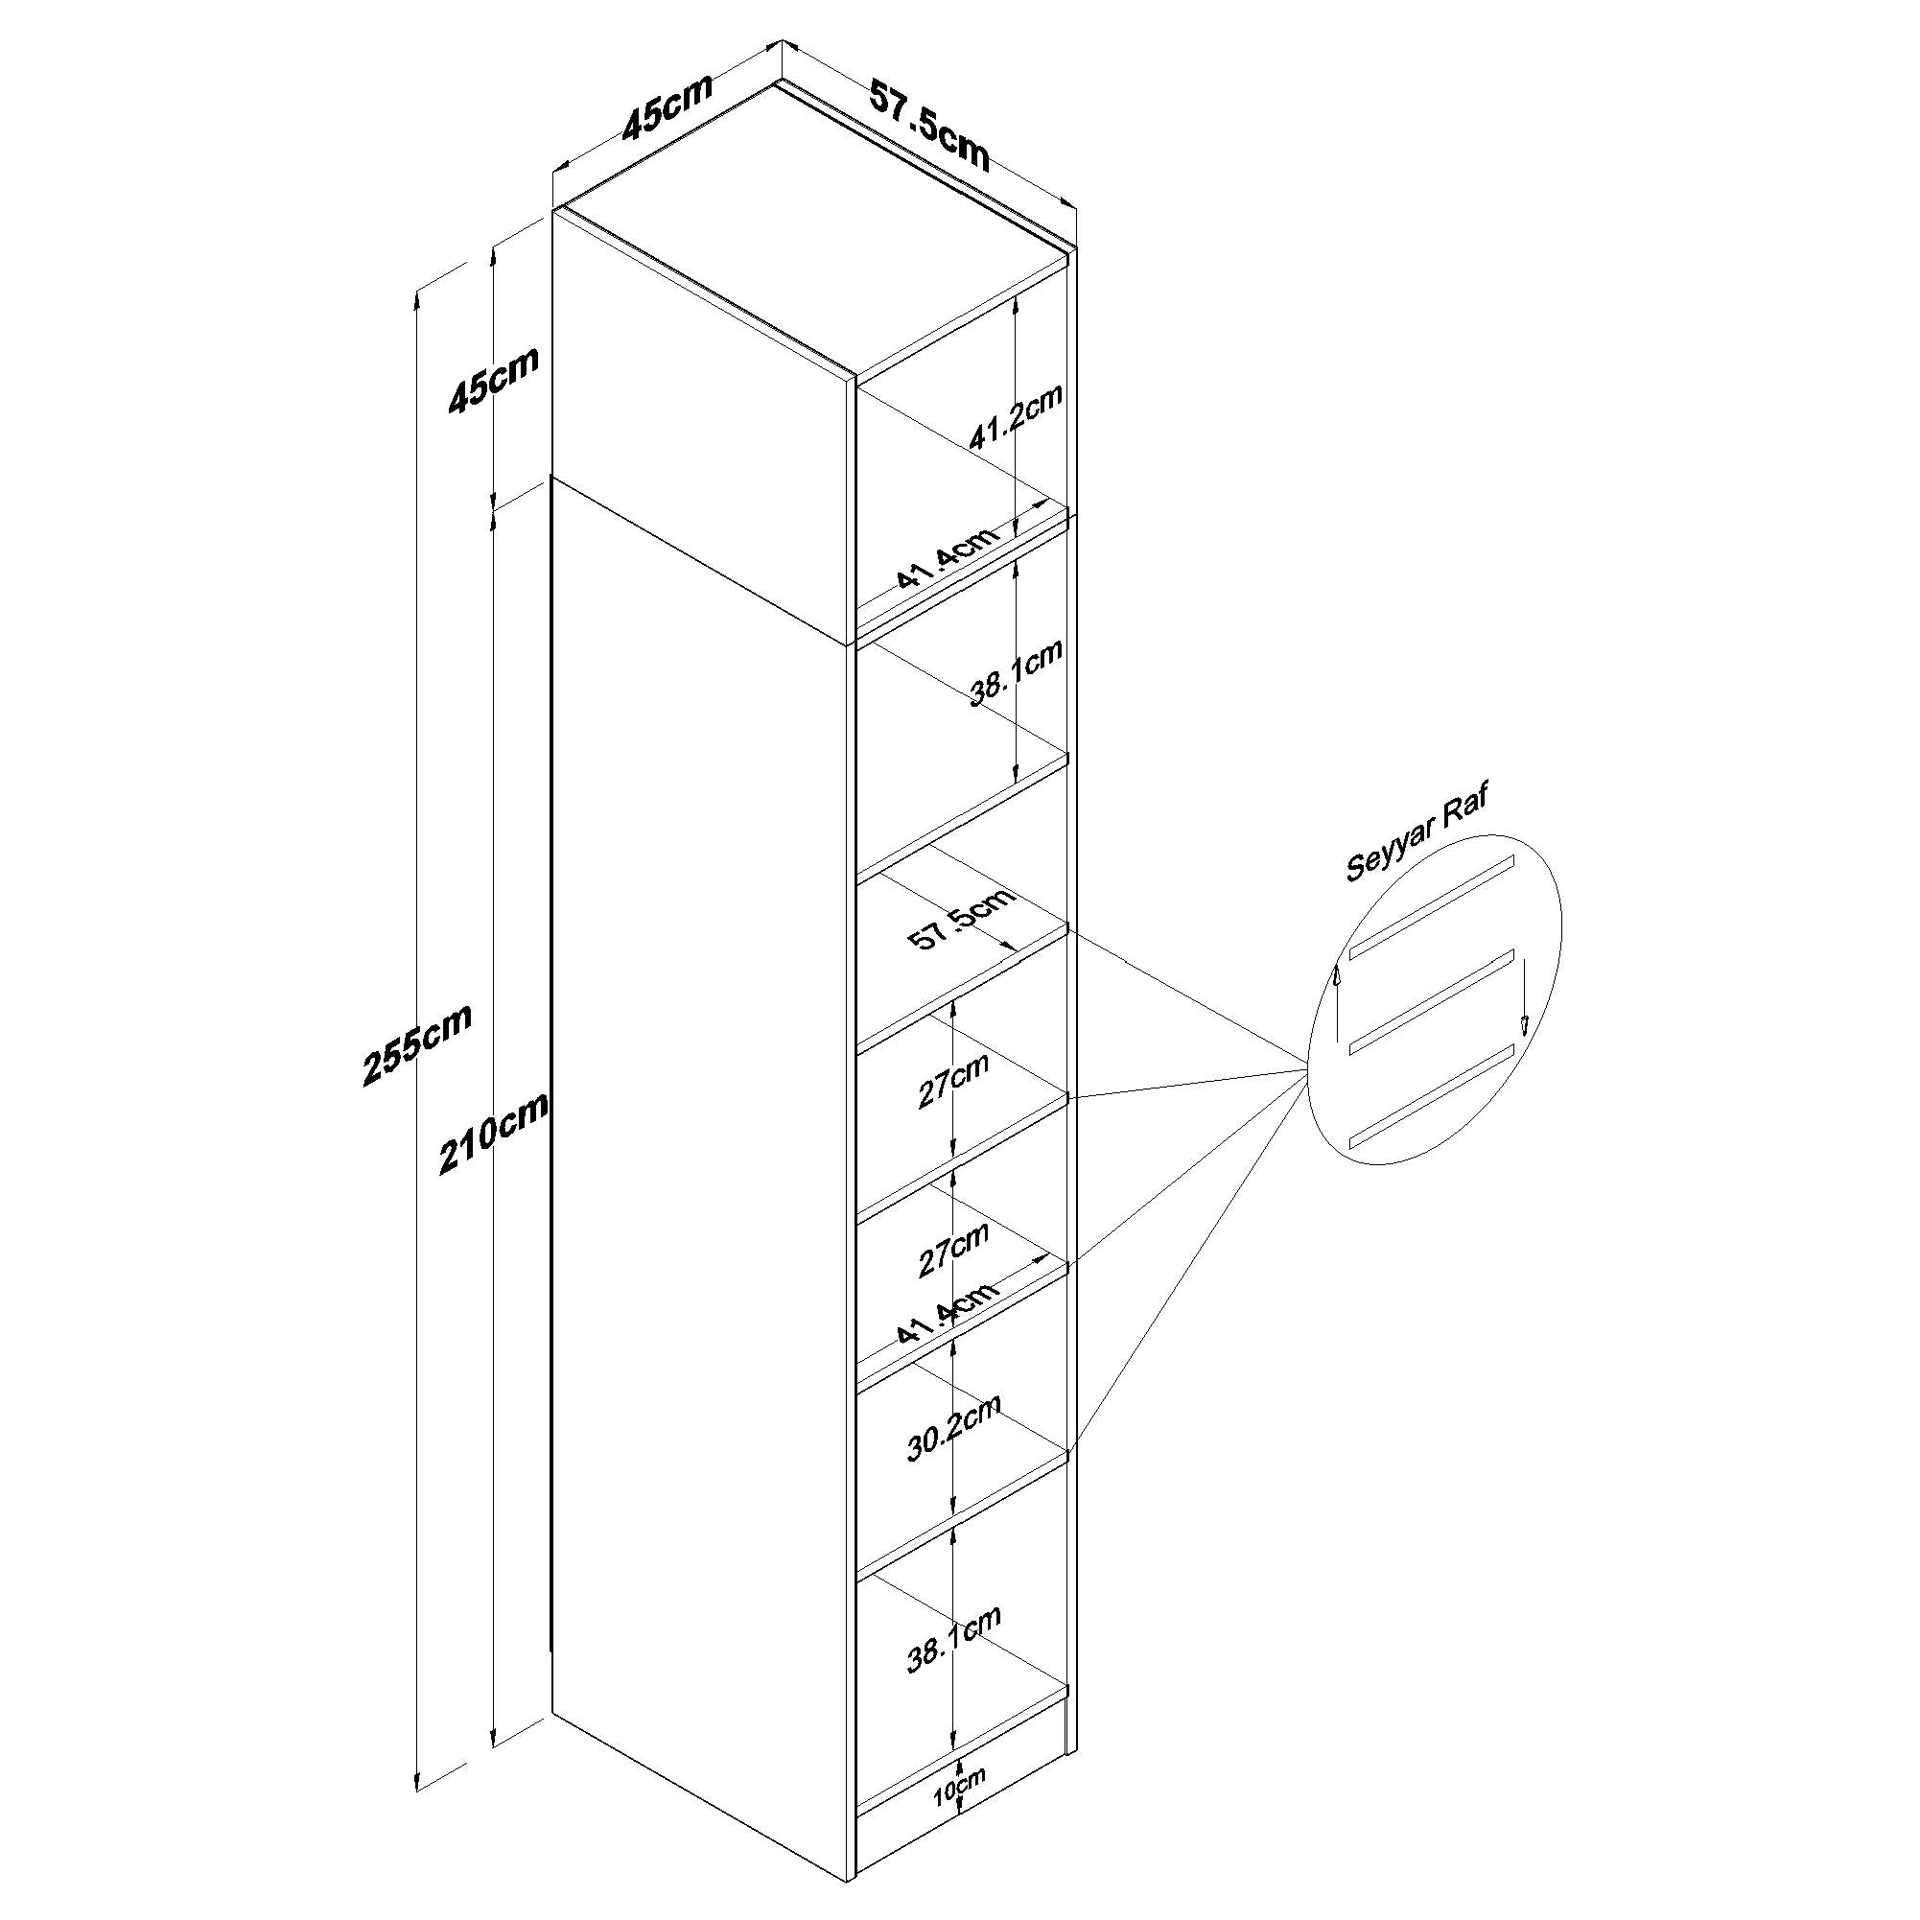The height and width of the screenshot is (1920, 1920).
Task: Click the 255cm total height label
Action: click(417, 1043)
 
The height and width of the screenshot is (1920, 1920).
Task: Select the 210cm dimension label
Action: click(494, 1133)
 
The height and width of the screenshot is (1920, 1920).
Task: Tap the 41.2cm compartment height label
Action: click(1016, 416)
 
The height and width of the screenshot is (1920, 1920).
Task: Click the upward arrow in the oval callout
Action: click(1338, 998)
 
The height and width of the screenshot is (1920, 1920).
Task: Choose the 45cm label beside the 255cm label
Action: click(494, 380)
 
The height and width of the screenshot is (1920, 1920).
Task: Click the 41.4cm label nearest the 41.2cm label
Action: click(948, 557)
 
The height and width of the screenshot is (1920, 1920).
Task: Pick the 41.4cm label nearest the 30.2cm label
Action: click(948, 1313)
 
